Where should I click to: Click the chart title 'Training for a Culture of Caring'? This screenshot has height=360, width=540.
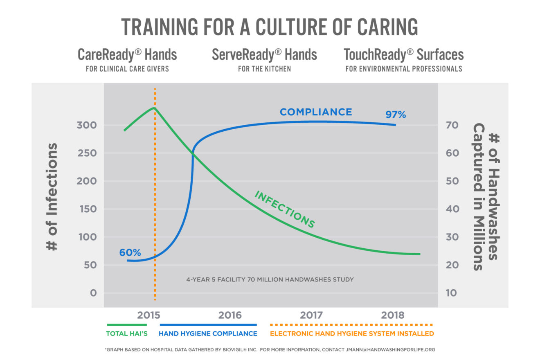click(270, 27)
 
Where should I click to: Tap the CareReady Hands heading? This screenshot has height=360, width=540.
click(127, 55)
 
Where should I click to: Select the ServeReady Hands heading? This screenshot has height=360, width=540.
click(264, 55)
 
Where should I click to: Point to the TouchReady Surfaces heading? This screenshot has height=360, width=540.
click(403, 55)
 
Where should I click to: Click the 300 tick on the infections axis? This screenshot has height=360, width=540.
click(87, 125)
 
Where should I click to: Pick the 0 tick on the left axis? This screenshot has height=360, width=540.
click(93, 293)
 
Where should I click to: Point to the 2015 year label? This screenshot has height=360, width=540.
click(148, 315)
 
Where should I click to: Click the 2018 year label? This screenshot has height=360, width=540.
click(393, 315)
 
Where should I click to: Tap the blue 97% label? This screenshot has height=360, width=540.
click(396, 115)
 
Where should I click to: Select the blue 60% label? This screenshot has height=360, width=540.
click(130, 252)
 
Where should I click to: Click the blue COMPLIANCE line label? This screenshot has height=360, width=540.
click(316, 112)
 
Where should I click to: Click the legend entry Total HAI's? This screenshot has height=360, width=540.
click(127, 334)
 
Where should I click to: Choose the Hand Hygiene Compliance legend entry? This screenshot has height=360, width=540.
click(208, 334)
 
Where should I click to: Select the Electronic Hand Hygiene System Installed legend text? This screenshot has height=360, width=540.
click(352, 334)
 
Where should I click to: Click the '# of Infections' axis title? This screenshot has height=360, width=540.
click(52, 197)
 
